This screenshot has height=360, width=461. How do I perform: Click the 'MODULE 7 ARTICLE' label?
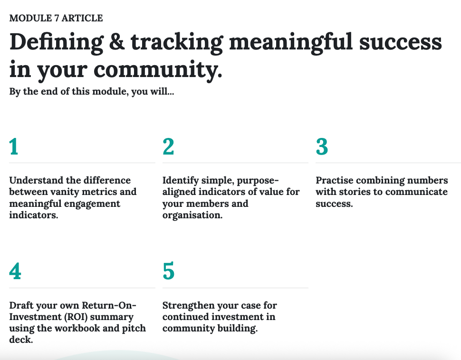(56, 18)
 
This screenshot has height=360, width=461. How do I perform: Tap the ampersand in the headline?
(117, 42)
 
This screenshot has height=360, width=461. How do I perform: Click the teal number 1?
(14, 146)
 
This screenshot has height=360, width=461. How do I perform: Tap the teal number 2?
(168, 146)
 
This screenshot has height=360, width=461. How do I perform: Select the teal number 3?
(322, 146)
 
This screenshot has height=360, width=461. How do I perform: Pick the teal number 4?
(15, 271)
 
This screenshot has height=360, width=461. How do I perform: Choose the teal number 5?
(168, 271)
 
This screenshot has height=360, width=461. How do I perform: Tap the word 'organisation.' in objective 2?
(192, 215)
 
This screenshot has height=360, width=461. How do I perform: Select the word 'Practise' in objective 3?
(335, 180)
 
